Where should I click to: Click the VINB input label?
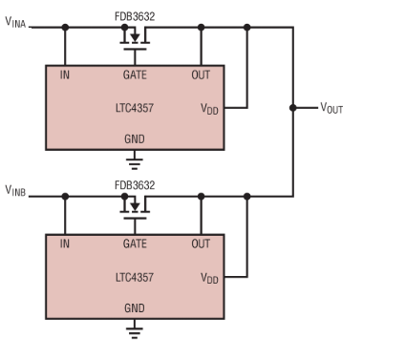(16, 195)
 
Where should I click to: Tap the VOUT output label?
(331, 109)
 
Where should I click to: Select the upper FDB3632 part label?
(135, 16)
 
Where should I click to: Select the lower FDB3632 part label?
(135, 184)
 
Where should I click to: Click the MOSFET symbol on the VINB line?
(135, 206)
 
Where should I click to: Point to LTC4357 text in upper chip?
(135, 109)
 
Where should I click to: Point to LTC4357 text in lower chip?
(135, 277)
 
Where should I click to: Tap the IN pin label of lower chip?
(65, 244)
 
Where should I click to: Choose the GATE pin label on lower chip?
(135, 244)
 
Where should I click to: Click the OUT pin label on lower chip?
(201, 244)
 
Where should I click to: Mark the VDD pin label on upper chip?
(209, 110)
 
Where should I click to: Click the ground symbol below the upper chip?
(135, 160)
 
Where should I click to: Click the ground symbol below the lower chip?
(135, 329)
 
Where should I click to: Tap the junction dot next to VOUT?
(292, 109)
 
